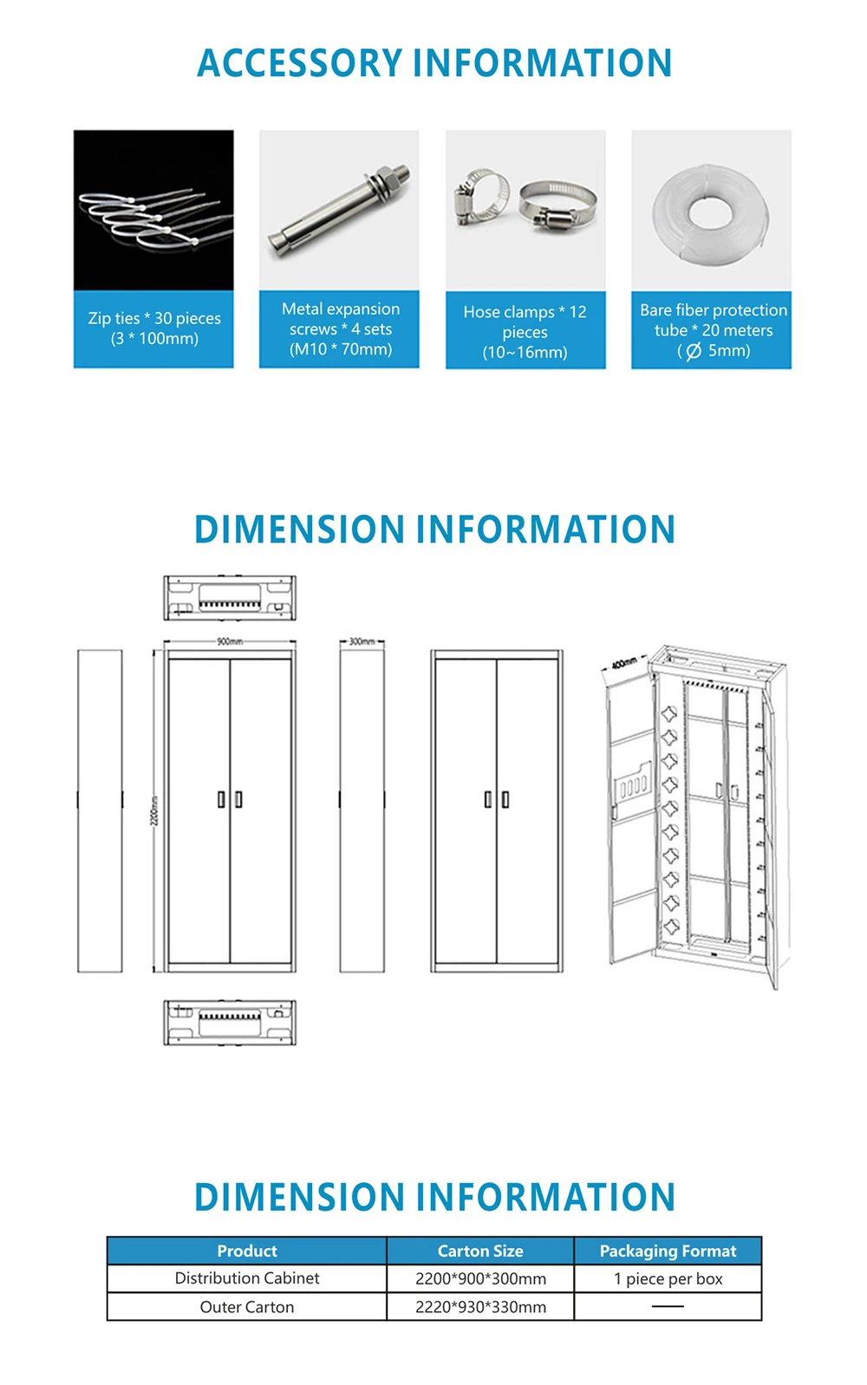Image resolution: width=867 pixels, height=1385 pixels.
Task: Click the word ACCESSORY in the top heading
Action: point(299,63)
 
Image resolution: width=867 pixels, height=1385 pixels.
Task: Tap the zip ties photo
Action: point(153,210)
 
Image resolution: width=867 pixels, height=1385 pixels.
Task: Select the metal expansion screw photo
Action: point(339,210)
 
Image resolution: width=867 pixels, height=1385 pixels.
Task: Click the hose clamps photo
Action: point(525,210)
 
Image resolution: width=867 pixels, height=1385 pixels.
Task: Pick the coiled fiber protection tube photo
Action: point(711,210)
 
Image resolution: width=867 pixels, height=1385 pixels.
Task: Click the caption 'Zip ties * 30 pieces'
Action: point(154,318)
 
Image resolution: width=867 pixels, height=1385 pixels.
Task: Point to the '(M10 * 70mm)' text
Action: point(341,349)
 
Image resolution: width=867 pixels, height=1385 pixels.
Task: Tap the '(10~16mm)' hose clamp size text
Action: point(525,352)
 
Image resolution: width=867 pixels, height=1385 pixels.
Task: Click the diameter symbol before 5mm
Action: point(693,351)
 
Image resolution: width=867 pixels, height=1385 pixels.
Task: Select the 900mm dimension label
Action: point(230,641)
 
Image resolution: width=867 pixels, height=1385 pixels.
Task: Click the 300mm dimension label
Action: point(362,641)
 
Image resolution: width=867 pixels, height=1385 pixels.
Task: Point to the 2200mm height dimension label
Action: point(155,810)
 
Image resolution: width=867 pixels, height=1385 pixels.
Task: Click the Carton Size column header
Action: point(480,1251)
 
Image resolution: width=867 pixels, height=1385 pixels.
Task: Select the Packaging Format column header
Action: point(668,1251)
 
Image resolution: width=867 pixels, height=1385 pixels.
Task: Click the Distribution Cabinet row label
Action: point(247,1278)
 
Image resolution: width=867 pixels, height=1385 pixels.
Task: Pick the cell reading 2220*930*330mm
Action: point(480,1307)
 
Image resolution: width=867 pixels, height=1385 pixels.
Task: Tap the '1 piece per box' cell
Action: point(668,1278)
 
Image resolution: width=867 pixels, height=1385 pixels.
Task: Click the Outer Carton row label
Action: point(247,1307)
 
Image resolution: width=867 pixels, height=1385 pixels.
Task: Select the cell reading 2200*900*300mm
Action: point(480,1278)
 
